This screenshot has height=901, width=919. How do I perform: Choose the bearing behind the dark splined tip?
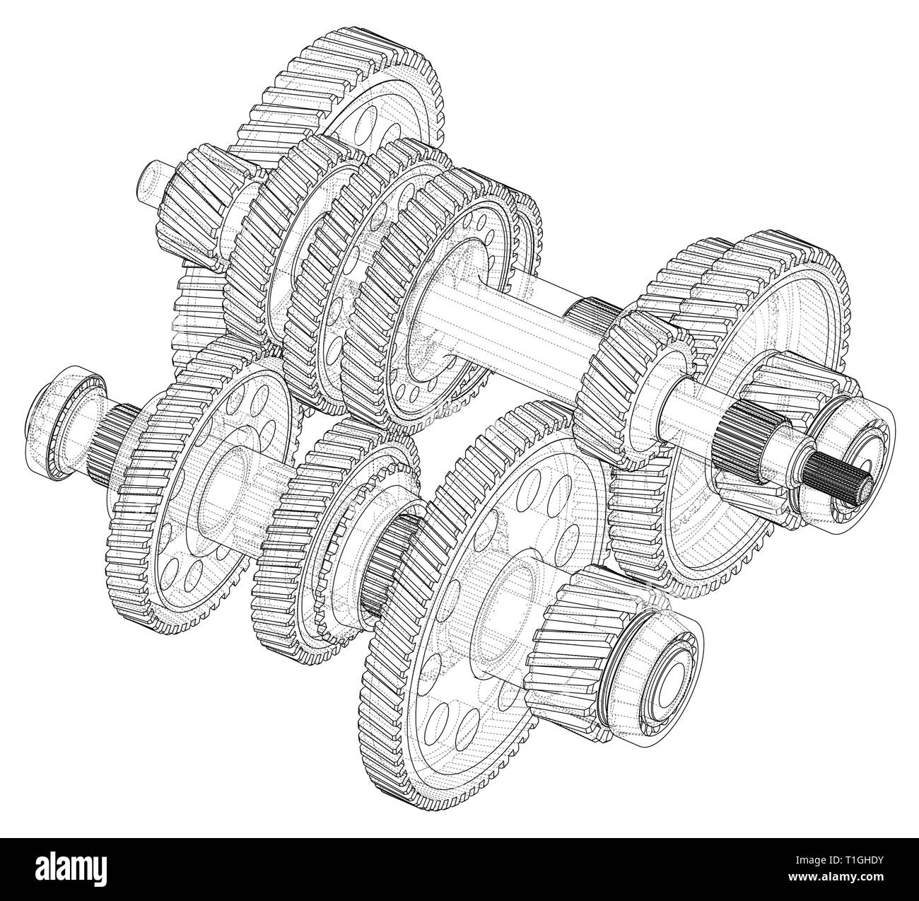click(862, 453)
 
